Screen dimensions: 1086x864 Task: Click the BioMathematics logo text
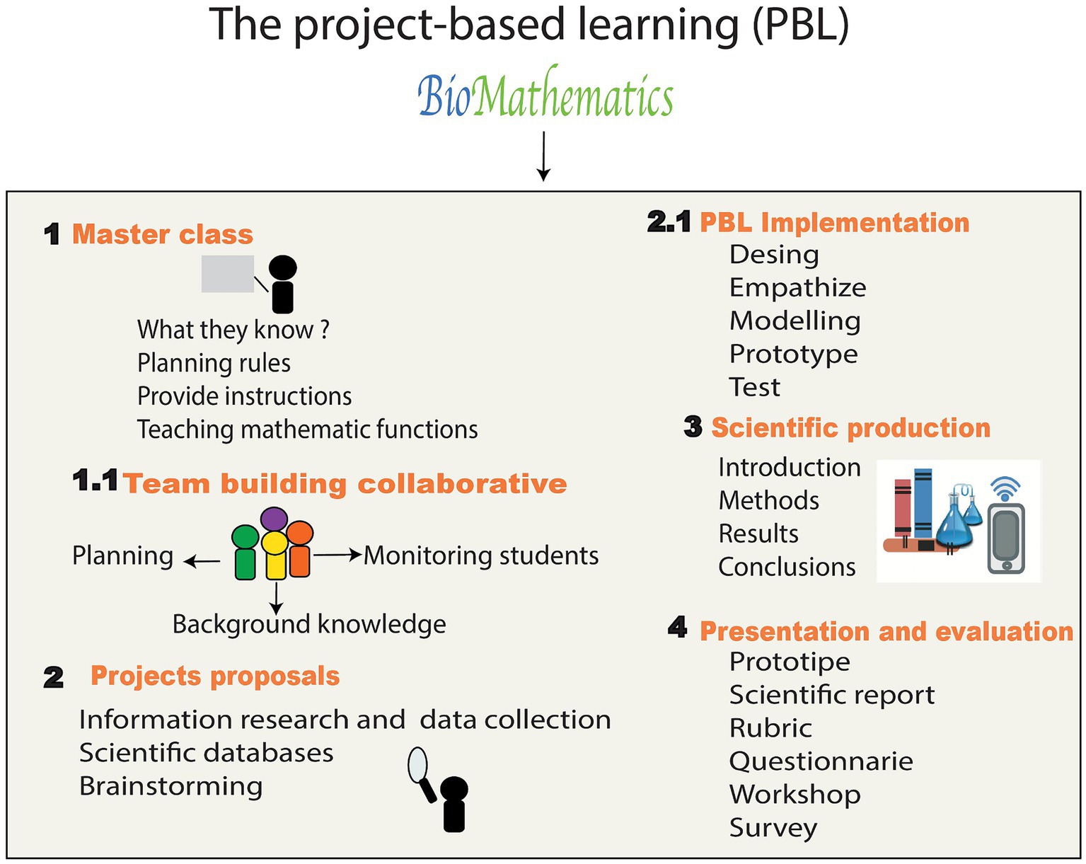coord(545,93)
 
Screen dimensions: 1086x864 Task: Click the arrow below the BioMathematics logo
coord(543,156)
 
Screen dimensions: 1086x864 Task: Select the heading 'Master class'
coord(163,234)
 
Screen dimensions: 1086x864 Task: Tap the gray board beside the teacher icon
coord(228,274)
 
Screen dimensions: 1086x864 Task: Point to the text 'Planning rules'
coord(214,363)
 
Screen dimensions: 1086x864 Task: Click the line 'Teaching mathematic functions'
coord(307,430)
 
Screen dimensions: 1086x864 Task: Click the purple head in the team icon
coord(274,519)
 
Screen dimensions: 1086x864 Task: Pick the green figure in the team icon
coord(245,552)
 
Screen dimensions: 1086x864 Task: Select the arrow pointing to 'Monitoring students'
coord(337,555)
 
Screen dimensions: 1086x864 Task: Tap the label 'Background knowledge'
coord(309,624)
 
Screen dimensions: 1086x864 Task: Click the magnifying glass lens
coord(418,764)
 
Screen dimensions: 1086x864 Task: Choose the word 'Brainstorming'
coord(171,786)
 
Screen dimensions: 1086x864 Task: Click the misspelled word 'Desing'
coord(774,255)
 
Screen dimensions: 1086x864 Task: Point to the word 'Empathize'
coord(798,288)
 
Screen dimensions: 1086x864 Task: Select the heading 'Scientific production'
coord(851,428)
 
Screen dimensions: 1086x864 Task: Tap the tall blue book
coord(923,505)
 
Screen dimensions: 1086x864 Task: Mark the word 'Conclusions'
coord(787,567)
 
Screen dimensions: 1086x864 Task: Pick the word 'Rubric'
coord(771,727)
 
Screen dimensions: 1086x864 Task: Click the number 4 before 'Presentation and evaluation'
coord(677,628)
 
